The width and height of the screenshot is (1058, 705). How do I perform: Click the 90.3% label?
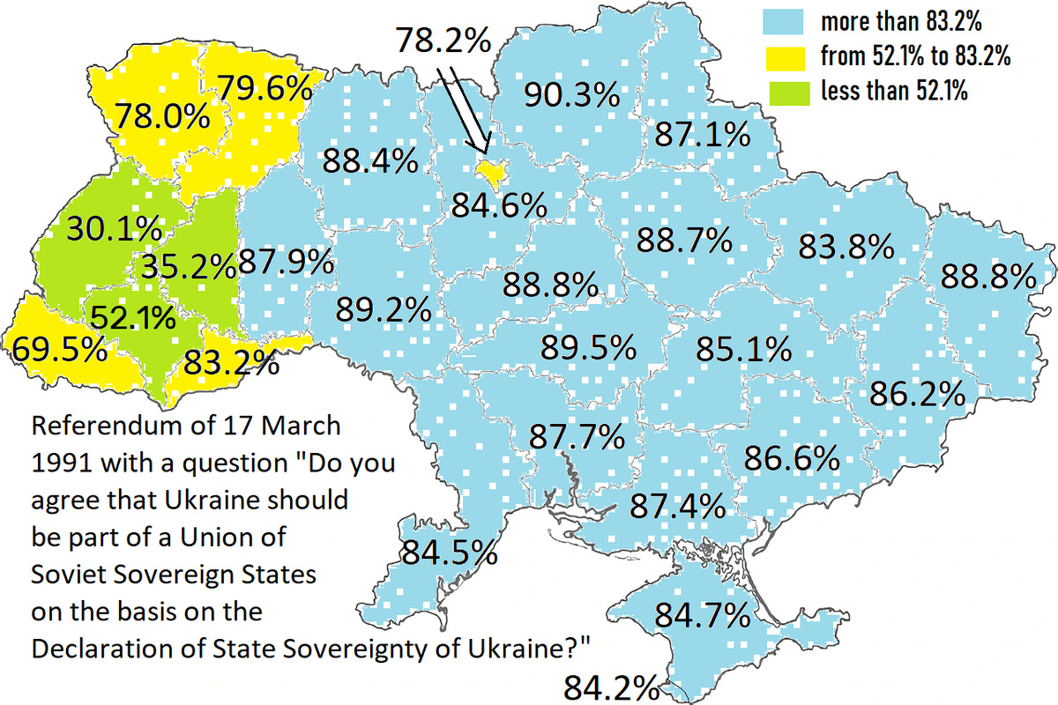571,94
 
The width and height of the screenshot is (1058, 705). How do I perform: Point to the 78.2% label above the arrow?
443,41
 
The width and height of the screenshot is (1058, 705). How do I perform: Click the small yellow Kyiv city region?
490,172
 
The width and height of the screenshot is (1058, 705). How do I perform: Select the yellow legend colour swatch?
787,56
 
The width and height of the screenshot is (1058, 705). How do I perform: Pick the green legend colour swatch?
787,90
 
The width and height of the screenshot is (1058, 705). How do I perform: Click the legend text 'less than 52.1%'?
893,91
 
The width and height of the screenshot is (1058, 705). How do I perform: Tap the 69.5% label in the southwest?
59,348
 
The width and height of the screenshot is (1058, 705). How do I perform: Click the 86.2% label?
917,393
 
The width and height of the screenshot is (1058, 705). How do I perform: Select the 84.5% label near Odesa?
450,553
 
